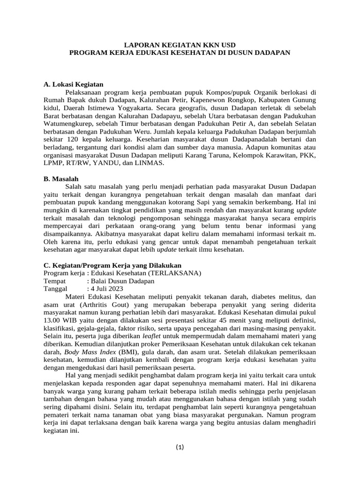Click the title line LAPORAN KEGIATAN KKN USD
tap(180, 45)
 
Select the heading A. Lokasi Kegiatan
tap(73, 84)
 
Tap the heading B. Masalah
tap(61, 179)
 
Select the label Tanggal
tap(56, 288)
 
